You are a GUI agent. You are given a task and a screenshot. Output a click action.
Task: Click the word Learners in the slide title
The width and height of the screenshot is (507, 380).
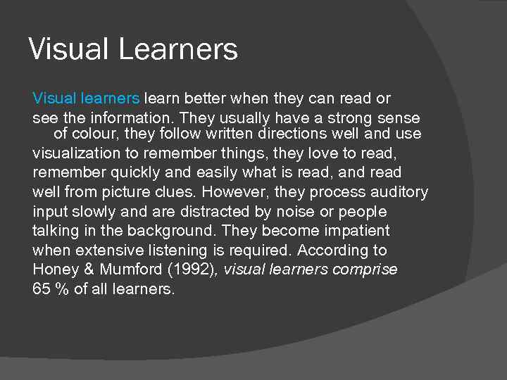pyautogui.click(x=178, y=50)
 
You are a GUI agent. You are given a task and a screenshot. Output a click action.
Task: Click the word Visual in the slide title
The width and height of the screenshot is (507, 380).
pyautogui.click(x=69, y=50)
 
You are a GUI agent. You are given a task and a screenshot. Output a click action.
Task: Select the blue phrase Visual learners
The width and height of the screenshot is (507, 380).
pyautogui.click(x=86, y=98)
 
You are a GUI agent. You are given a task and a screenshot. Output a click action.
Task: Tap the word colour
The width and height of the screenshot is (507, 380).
pyautogui.click(x=96, y=134)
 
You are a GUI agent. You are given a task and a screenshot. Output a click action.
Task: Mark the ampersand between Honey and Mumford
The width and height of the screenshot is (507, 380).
pyautogui.click(x=88, y=270)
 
